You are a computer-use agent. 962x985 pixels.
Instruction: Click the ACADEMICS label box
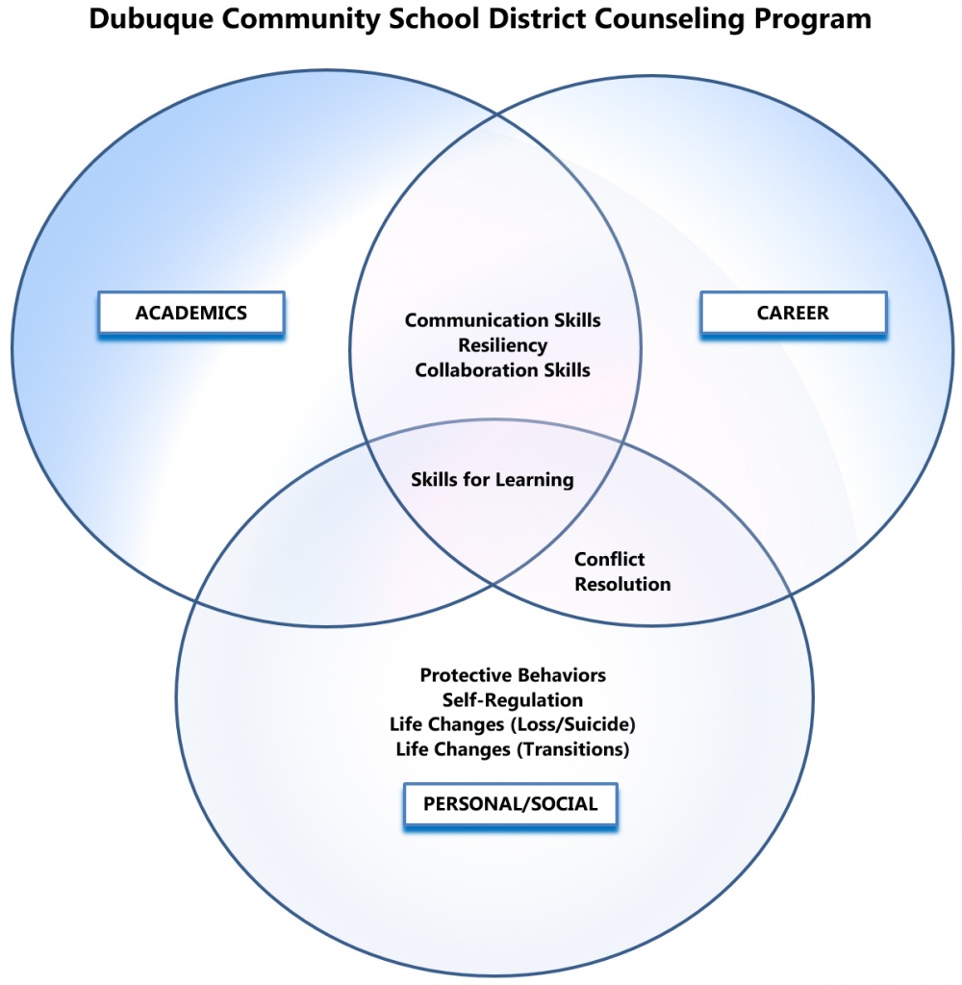(191, 313)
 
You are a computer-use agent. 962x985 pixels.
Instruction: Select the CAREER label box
(793, 313)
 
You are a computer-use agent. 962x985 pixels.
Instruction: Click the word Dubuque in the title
(151, 20)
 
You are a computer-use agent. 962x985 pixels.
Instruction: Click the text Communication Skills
(503, 320)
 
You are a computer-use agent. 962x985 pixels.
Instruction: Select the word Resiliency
(503, 345)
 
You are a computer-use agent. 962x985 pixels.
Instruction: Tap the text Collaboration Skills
(503, 370)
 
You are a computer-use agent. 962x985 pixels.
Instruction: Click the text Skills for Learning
(492, 480)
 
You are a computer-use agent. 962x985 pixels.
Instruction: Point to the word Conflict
(610, 559)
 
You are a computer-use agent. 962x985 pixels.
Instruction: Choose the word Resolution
(622, 584)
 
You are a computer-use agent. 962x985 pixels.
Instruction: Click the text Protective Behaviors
(513, 675)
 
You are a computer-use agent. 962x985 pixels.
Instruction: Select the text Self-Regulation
(513, 700)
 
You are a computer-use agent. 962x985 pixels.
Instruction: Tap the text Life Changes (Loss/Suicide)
(513, 724)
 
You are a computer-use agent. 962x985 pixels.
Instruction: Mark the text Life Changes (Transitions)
(513, 749)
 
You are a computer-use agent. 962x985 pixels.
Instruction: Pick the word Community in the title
(301, 20)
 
